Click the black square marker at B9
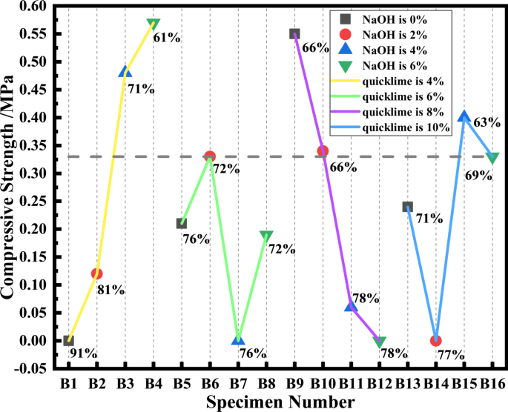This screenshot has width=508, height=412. point(294,34)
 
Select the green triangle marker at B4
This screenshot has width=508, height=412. point(154,24)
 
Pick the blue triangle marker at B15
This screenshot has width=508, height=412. point(464,116)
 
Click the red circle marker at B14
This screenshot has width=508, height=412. point(436,341)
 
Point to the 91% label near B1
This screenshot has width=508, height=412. point(83,353)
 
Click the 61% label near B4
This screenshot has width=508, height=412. point(167,36)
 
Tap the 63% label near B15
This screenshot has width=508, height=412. point(486,122)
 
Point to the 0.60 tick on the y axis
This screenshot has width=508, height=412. point(30,6)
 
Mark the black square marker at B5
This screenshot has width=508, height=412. point(182,224)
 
